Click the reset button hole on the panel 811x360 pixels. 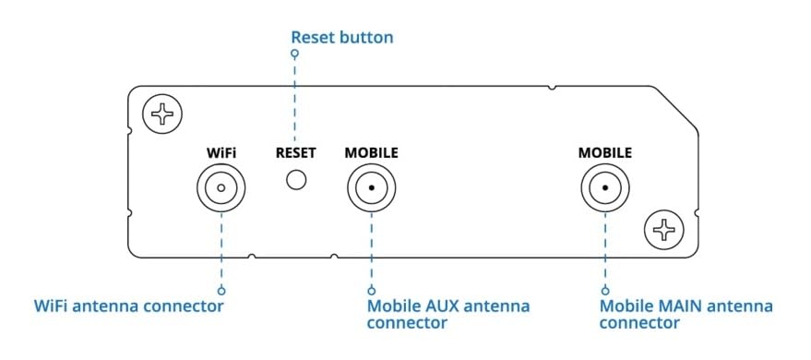click(x=295, y=178)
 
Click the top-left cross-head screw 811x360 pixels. click(x=162, y=114)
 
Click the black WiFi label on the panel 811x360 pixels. click(x=221, y=152)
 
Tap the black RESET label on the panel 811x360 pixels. click(x=295, y=152)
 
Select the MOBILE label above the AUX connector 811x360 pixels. click(x=371, y=152)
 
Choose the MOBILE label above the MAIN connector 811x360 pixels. click(x=605, y=152)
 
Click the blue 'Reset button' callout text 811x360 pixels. click(x=341, y=38)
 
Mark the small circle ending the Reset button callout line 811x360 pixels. click(x=295, y=54)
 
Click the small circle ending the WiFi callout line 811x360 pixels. click(x=221, y=287)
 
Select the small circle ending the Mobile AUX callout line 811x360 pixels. click(x=371, y=287)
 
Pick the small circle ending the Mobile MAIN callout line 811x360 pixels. click(x=605, y=287)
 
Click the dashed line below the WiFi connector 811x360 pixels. click(x=221, y=249)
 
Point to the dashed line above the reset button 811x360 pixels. click(x=295, y=102)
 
